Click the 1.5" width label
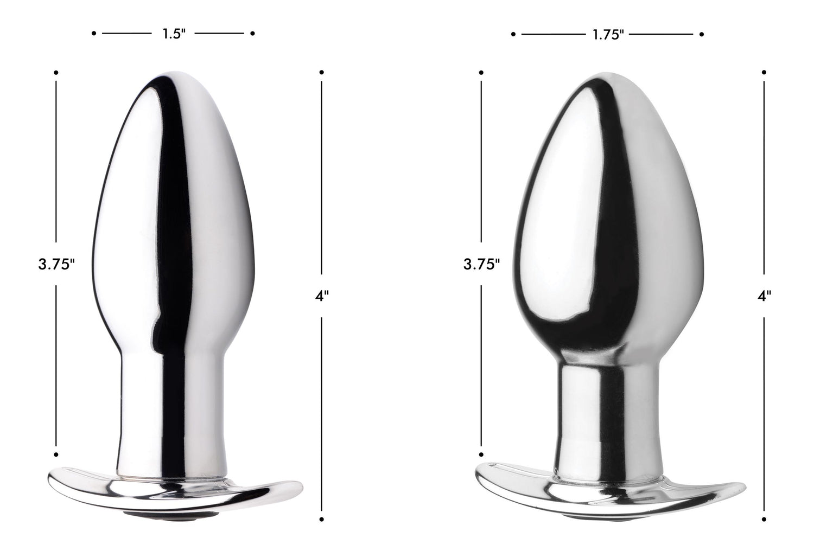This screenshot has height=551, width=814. pos(174,34)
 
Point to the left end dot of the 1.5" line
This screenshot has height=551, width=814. pos(94,34)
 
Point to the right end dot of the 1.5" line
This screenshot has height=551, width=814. pos(253,34)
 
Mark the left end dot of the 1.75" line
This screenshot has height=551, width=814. pos(513,35)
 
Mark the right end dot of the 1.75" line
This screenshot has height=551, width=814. pos(702,35)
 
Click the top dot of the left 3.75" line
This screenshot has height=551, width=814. pos(56,72)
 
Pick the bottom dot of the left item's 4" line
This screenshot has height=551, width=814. pos(322,520)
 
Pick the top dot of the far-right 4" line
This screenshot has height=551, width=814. pos(764,72)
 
